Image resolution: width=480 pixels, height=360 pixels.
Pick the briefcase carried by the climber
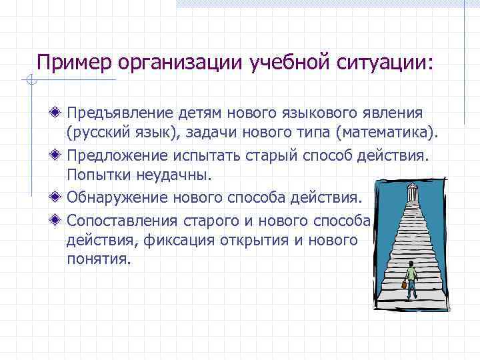tap(403, 285)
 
